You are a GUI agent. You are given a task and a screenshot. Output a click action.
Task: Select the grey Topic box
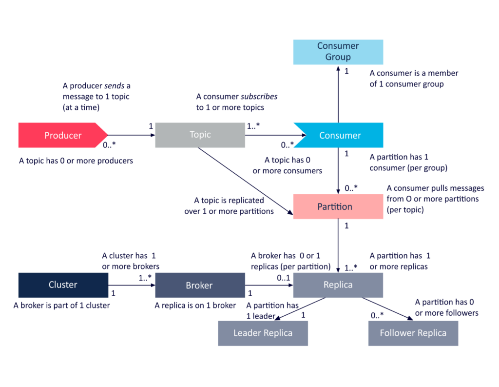tap(200, 135)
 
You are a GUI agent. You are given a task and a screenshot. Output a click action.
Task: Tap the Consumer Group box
tap(338, 52)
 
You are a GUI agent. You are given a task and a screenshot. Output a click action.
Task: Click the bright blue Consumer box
tap(340, 135)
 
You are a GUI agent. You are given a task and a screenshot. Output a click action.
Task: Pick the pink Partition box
tap(338, 206)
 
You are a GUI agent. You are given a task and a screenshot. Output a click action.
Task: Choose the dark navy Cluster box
tap(63, 285)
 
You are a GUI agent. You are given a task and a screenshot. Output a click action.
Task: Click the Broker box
tap(200, 285)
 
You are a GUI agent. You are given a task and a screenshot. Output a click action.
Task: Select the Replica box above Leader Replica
tap(338, 285)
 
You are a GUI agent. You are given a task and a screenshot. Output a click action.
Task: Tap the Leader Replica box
tap(263, 333)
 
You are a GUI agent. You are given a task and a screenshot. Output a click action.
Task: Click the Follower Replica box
tap(413, 333)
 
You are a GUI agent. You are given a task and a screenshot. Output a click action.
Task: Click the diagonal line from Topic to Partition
tap(244, 180)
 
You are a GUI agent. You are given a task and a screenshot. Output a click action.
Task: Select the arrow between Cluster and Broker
tap(132, 285)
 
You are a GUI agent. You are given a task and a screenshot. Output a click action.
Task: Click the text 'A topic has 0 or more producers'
tap(76, 161)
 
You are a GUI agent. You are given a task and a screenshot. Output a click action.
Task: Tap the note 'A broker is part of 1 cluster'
tap(62, 306)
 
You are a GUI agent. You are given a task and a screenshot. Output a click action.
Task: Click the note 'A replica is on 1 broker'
tap(195, 306)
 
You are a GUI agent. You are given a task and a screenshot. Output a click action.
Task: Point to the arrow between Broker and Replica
tap(269, 285)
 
